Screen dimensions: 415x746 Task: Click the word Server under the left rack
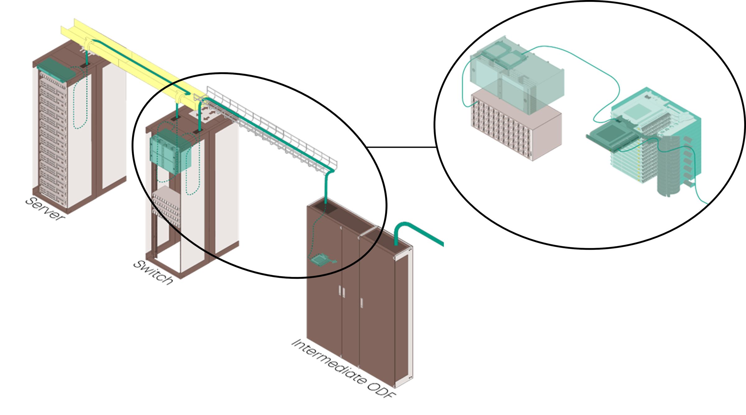pos(45,209)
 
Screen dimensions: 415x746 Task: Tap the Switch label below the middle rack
pos(153,272)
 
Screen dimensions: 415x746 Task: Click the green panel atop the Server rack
pos(56,70)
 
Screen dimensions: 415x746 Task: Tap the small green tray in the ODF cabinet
pos(320,259)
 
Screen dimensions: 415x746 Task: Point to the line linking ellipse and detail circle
pos(401,147)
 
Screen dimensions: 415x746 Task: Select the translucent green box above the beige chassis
pos(516,78)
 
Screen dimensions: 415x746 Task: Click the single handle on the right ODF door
pos(361,303)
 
